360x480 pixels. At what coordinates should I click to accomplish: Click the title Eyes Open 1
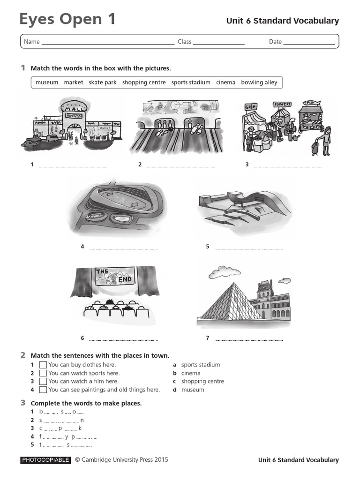67,19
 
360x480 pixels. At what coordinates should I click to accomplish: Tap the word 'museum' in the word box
47,82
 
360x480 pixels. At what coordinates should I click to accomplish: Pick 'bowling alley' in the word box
259,82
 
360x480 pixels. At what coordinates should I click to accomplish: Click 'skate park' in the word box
103,82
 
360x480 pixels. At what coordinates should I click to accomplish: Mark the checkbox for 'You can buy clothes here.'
43,365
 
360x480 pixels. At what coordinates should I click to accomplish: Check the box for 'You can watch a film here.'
43,382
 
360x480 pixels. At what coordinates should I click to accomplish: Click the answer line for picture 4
123,248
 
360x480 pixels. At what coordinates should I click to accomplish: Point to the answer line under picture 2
181,166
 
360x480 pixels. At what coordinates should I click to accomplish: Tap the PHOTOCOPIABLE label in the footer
45,460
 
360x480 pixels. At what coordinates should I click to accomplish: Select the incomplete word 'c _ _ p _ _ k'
60,428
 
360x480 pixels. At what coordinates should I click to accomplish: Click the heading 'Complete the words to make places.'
86,403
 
